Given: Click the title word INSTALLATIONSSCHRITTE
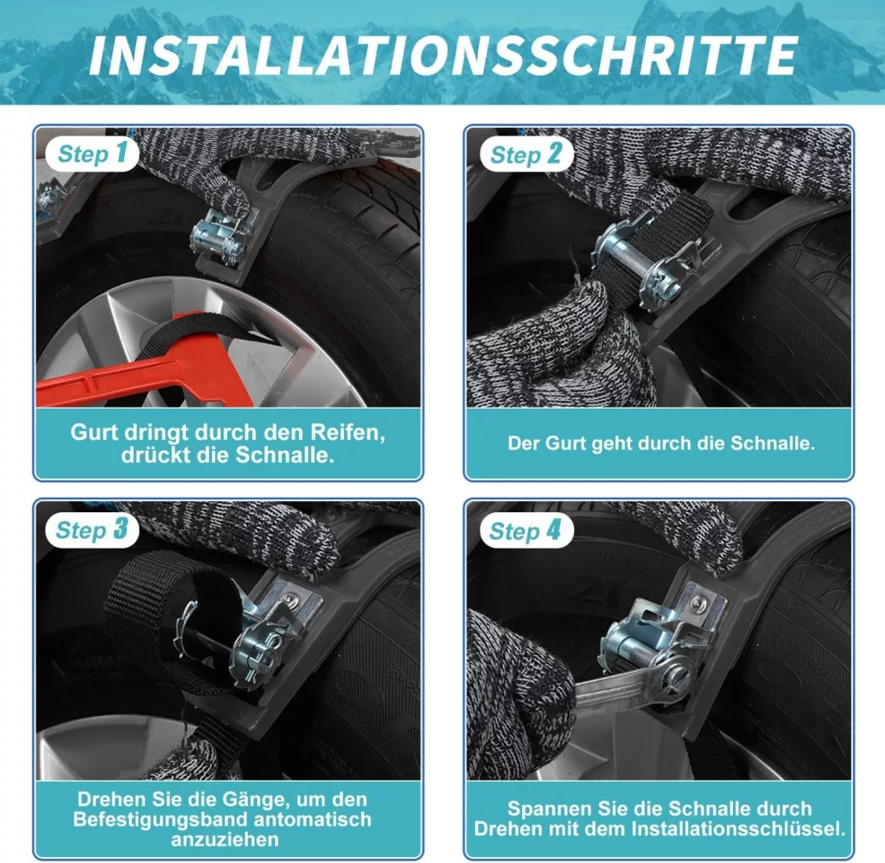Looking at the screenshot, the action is click(443, 55).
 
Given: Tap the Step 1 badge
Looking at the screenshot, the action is click(92, 154).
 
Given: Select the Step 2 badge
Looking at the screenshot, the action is click(526, 154).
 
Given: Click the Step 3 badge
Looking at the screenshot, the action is click(92, 530).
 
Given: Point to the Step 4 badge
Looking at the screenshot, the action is click(525, 530).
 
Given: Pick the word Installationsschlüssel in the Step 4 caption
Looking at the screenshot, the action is click(739, 828).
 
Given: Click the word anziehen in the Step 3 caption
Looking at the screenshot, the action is click(225, 840).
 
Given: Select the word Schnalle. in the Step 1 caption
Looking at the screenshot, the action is click(285, 455).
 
